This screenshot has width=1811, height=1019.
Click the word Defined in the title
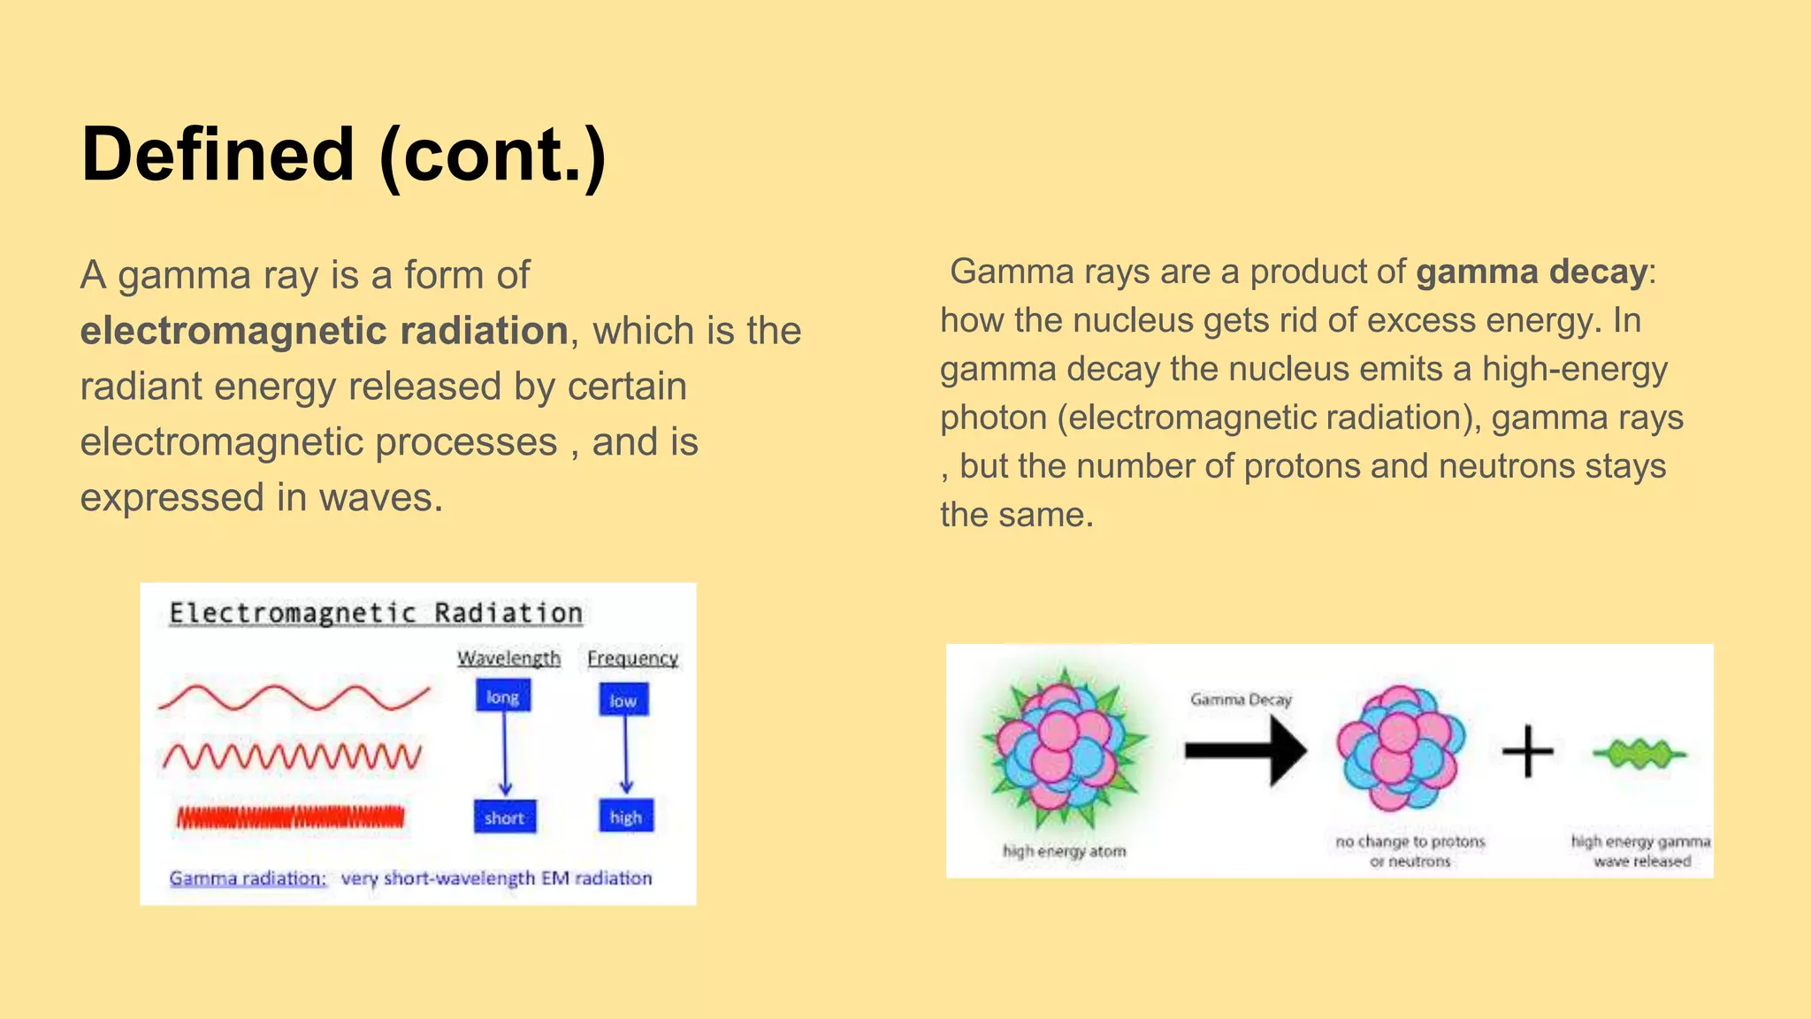point(218,155)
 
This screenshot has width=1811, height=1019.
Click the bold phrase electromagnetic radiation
point(324,331)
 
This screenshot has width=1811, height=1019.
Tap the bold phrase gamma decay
point(1532,272)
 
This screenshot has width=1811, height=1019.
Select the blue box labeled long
point(503,696)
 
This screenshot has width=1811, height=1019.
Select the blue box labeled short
point(504,817)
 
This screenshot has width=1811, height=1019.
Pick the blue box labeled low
point(623,701)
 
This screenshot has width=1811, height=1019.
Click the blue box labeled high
point(626,816)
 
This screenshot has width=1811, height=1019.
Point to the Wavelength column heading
point(508,658)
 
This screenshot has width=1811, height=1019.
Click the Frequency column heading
point(632,658)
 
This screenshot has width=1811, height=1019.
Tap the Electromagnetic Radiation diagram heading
point(376,613)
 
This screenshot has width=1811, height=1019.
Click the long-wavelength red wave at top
point(294,698)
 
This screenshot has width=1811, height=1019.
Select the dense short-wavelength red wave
point(291,817)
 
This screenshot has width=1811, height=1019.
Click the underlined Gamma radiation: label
point(248,878)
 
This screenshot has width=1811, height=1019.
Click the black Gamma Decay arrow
point(1245,751)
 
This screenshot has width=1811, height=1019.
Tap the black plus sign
point(1527,752)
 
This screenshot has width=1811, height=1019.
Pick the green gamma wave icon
point(1639,755)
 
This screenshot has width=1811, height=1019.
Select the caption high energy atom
point(1064,851)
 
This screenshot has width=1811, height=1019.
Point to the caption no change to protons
point(1410,841)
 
